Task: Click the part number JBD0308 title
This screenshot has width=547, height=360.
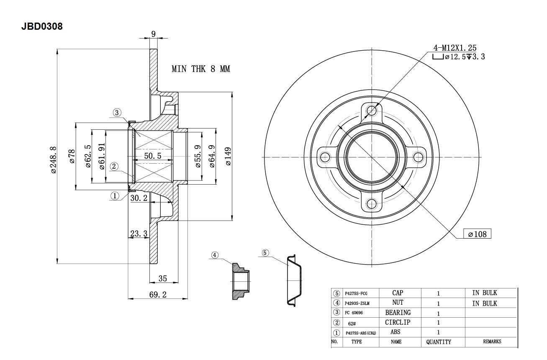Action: [42, 27]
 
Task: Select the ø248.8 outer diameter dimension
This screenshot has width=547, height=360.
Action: [53, 159]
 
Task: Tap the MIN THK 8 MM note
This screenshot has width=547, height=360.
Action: [200, 69]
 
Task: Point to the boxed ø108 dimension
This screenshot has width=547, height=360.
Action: [477, 234]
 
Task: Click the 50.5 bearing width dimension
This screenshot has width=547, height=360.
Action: [153, 156]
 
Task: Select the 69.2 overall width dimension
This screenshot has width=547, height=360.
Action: [158, 295]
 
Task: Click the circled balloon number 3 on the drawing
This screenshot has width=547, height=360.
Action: [117, 112]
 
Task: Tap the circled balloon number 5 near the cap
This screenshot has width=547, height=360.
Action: [265, 253]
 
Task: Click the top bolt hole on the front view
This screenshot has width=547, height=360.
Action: [372, 111]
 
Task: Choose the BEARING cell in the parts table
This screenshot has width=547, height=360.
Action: [398, 313]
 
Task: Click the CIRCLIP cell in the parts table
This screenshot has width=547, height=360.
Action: [398, 323]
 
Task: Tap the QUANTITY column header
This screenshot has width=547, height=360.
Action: [439, 342]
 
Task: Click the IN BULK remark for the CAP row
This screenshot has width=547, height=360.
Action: [484, 293]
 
